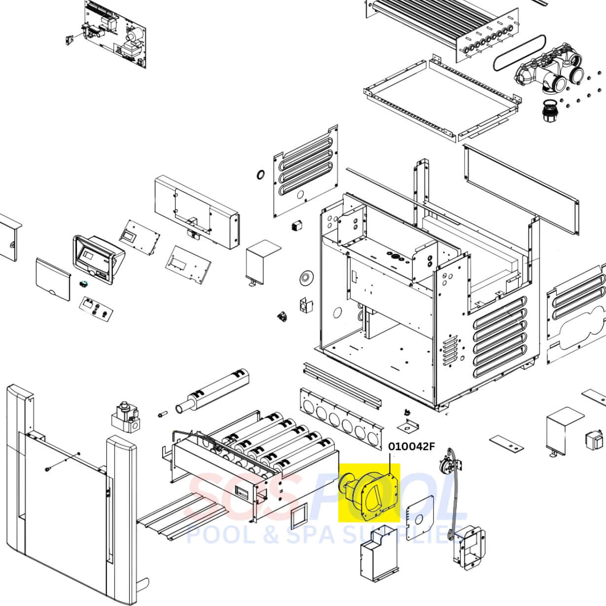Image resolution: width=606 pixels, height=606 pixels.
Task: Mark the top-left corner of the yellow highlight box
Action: (x=338, y=463)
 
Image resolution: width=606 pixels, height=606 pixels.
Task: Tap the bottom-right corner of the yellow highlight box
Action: (x=400, y=522)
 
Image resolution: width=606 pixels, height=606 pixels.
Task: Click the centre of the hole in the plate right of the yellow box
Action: (x=419, y=520)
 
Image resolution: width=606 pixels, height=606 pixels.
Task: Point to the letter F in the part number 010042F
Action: (x=431, y=447)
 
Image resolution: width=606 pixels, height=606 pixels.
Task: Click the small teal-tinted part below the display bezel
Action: (x=83, y=284)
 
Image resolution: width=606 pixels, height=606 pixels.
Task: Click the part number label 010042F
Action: (x=411, y=447)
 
